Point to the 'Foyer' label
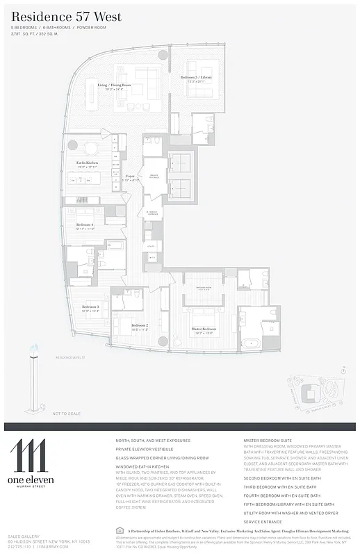point(130,177)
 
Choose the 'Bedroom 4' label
point(85,225)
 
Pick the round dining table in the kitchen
point(90,147)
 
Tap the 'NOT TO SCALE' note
point(66,414)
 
